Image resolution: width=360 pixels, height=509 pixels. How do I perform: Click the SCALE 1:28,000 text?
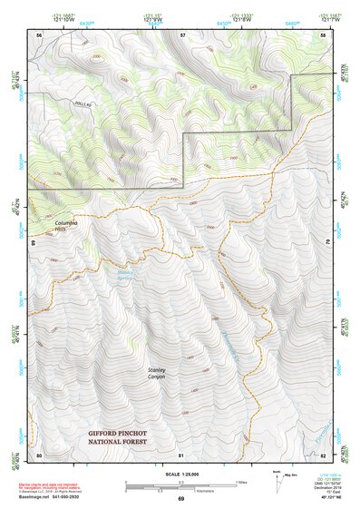(181, 475)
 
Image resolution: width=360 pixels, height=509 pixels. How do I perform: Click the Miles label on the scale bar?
(241, 481)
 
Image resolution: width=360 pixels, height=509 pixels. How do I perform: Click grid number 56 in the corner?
(39, 34)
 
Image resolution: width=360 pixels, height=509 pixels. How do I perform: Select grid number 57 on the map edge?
(182, 34)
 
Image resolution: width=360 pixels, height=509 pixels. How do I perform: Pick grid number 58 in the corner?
(324, 34)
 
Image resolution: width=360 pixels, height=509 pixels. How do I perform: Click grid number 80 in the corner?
(39, 454)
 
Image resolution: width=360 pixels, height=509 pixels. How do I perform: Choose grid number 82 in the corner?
(324, 454)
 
